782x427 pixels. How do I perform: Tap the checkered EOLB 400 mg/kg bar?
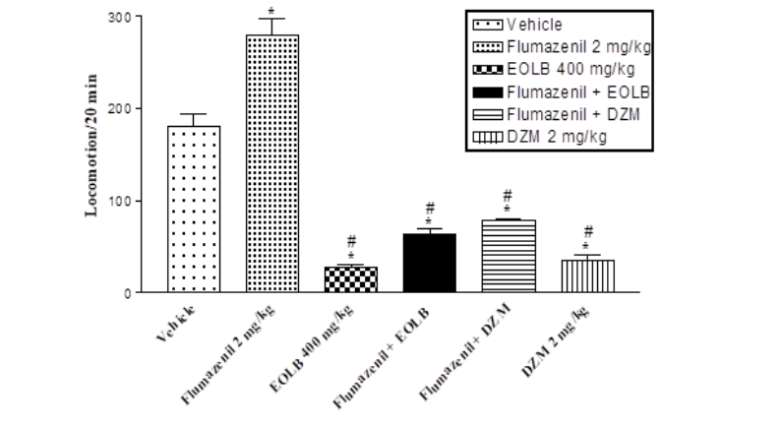tap(351, 279)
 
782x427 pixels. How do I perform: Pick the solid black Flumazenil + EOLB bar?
tap(430, 263)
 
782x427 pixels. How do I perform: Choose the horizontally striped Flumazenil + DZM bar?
tap(509, 256)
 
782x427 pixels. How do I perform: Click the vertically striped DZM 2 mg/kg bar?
tap(587, 276)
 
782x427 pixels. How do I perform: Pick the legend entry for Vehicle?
tap(537, 26)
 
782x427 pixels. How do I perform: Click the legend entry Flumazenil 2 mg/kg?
tap(561, 47)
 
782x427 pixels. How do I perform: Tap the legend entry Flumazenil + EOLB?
tap(561, 92)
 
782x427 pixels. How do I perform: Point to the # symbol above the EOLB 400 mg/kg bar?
tap(351, 240)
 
